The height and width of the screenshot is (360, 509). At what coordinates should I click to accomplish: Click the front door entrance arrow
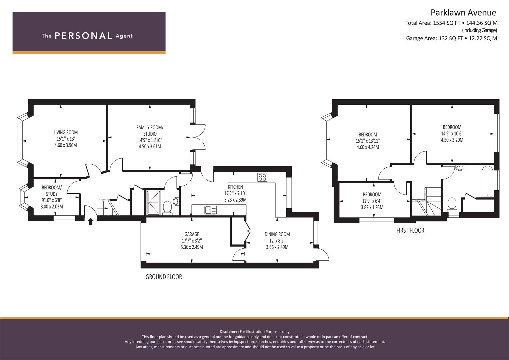91,222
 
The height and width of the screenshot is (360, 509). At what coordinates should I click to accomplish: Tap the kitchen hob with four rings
262,177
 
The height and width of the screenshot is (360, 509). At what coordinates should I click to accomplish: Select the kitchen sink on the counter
211,210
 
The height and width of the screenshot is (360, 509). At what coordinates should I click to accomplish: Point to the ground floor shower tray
153,203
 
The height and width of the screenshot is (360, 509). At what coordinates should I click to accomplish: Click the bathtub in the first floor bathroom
487,181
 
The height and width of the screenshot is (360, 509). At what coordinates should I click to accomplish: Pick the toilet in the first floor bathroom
452,205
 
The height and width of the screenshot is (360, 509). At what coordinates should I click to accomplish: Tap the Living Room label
66,132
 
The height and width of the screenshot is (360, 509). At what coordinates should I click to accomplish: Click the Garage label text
192,234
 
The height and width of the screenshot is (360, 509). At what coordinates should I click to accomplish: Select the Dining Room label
277,234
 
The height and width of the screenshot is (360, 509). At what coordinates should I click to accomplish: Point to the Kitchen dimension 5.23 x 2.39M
235,200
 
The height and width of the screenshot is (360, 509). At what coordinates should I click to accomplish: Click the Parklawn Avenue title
464,13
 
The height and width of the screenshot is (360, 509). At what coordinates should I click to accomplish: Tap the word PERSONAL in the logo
83,36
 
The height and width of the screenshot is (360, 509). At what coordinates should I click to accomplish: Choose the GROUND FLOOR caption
164,277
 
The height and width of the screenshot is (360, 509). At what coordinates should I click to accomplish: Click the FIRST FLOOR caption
410,230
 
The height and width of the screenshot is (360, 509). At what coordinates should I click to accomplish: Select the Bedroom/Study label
52,191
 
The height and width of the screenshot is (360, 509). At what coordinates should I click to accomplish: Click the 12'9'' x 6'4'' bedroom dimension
372,201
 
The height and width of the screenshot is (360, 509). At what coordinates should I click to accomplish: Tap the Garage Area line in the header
452,38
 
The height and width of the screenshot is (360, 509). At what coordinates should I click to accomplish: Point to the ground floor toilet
167,207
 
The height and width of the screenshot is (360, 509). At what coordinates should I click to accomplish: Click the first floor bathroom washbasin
460,168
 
